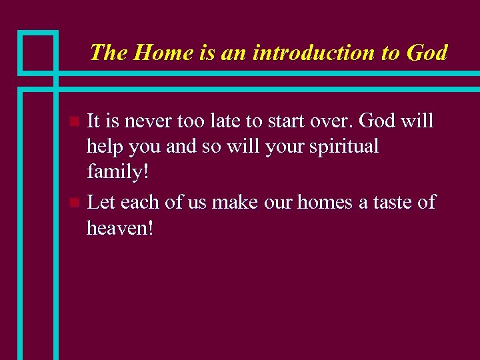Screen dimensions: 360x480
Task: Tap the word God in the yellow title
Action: tap(426, 53)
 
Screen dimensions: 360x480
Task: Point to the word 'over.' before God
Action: tap(337, 121)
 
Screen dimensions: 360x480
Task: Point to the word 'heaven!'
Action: tap(120, 228)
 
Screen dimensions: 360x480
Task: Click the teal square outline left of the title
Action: tap(37, 52)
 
